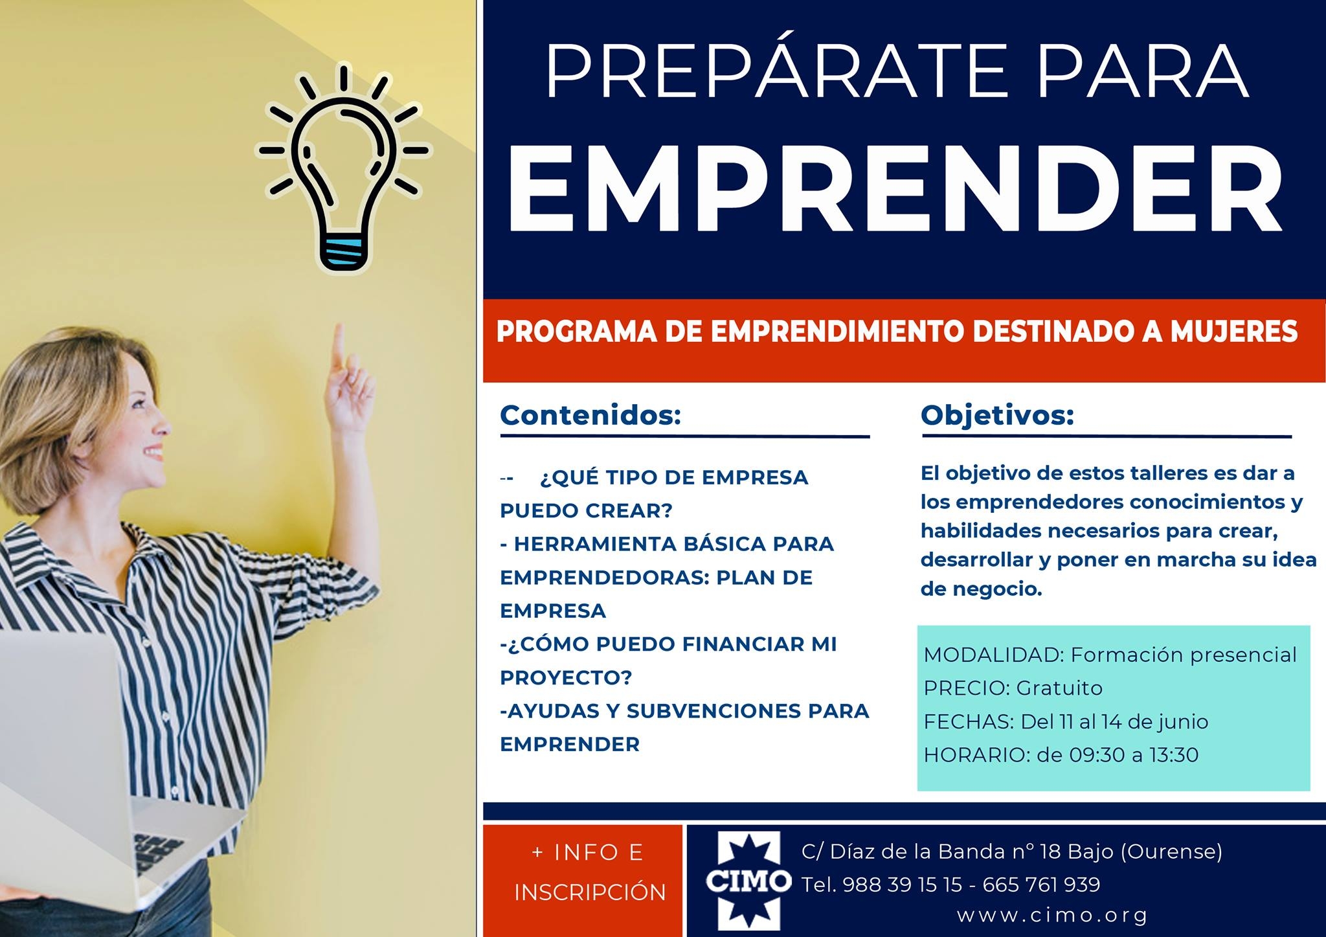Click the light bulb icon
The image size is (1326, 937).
(343, 168)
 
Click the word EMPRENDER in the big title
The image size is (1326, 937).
(895, 188)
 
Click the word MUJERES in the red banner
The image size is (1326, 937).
(1234, 332)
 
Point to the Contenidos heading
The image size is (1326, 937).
(590, 415)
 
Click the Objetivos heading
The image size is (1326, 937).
(997, 415)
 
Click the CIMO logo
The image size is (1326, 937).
(748, 881)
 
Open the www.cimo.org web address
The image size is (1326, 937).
(1052, 916)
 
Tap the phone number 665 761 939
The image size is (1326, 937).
(1041, 885)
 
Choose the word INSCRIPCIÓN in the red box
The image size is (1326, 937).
(590, 892)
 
